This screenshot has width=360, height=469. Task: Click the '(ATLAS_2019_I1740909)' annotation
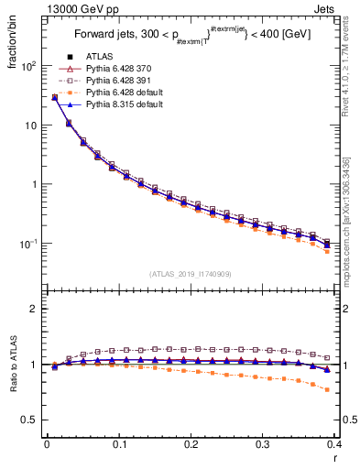(190, 273)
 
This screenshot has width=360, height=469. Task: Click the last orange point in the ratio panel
(327, 389)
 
